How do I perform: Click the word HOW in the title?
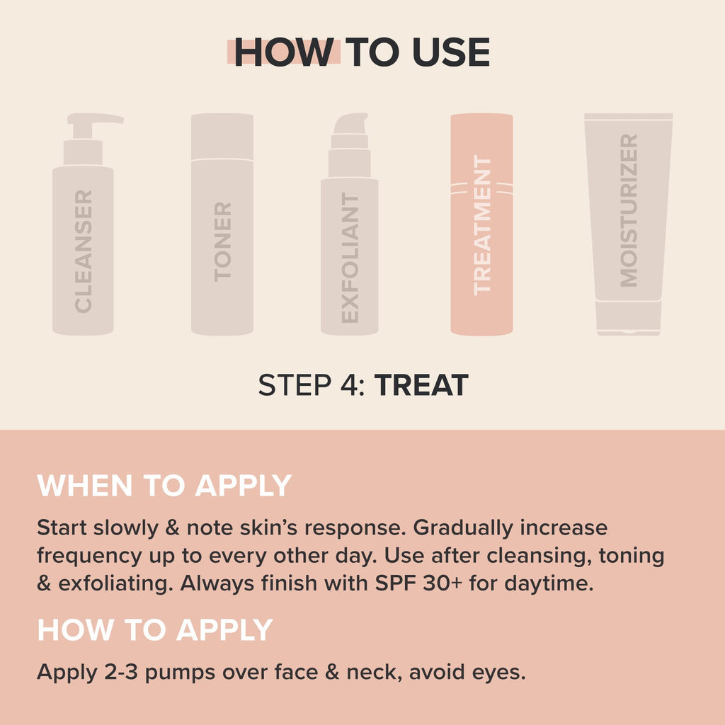click(284, 52)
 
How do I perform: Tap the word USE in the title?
click(451, 52)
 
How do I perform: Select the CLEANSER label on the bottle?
click(84, 251)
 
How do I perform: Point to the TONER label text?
click(222, 242)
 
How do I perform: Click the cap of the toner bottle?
click(222, 137)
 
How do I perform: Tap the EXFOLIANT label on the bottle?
click(350, 258)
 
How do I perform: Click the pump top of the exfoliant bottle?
click(350, 124)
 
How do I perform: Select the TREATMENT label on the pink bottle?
click(482, 225)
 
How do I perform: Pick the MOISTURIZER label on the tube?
click(629, 210)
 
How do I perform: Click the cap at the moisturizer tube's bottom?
click(629, 318)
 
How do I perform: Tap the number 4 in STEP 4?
click(348, 385)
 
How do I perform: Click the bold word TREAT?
click(421, 385)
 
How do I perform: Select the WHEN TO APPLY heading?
click(164, 486)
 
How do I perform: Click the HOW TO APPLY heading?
click(155, 629)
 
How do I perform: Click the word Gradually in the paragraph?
click(463, 528)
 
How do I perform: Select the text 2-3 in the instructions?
click(121, 672)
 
